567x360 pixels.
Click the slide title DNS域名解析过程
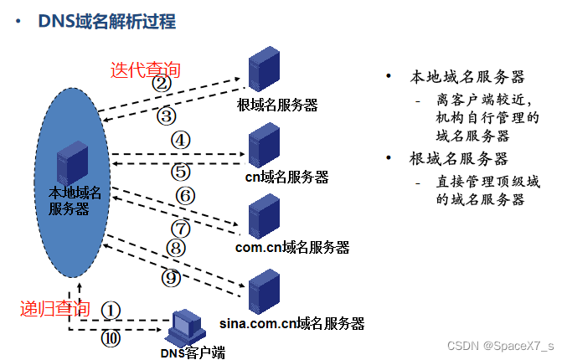coord(107,21)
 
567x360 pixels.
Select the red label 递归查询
coord(54,307)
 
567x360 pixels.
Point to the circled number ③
coord(167,116)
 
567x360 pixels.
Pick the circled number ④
coord(181,140)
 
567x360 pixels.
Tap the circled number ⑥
coord(185,196)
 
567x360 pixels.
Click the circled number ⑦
coord(181,227)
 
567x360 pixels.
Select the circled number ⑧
coord(175,248)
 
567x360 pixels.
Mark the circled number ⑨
coord(170,277)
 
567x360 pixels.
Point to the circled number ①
coord(111,309)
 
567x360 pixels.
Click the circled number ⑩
coord(111,338)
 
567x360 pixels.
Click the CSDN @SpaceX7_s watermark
coord(501,345)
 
